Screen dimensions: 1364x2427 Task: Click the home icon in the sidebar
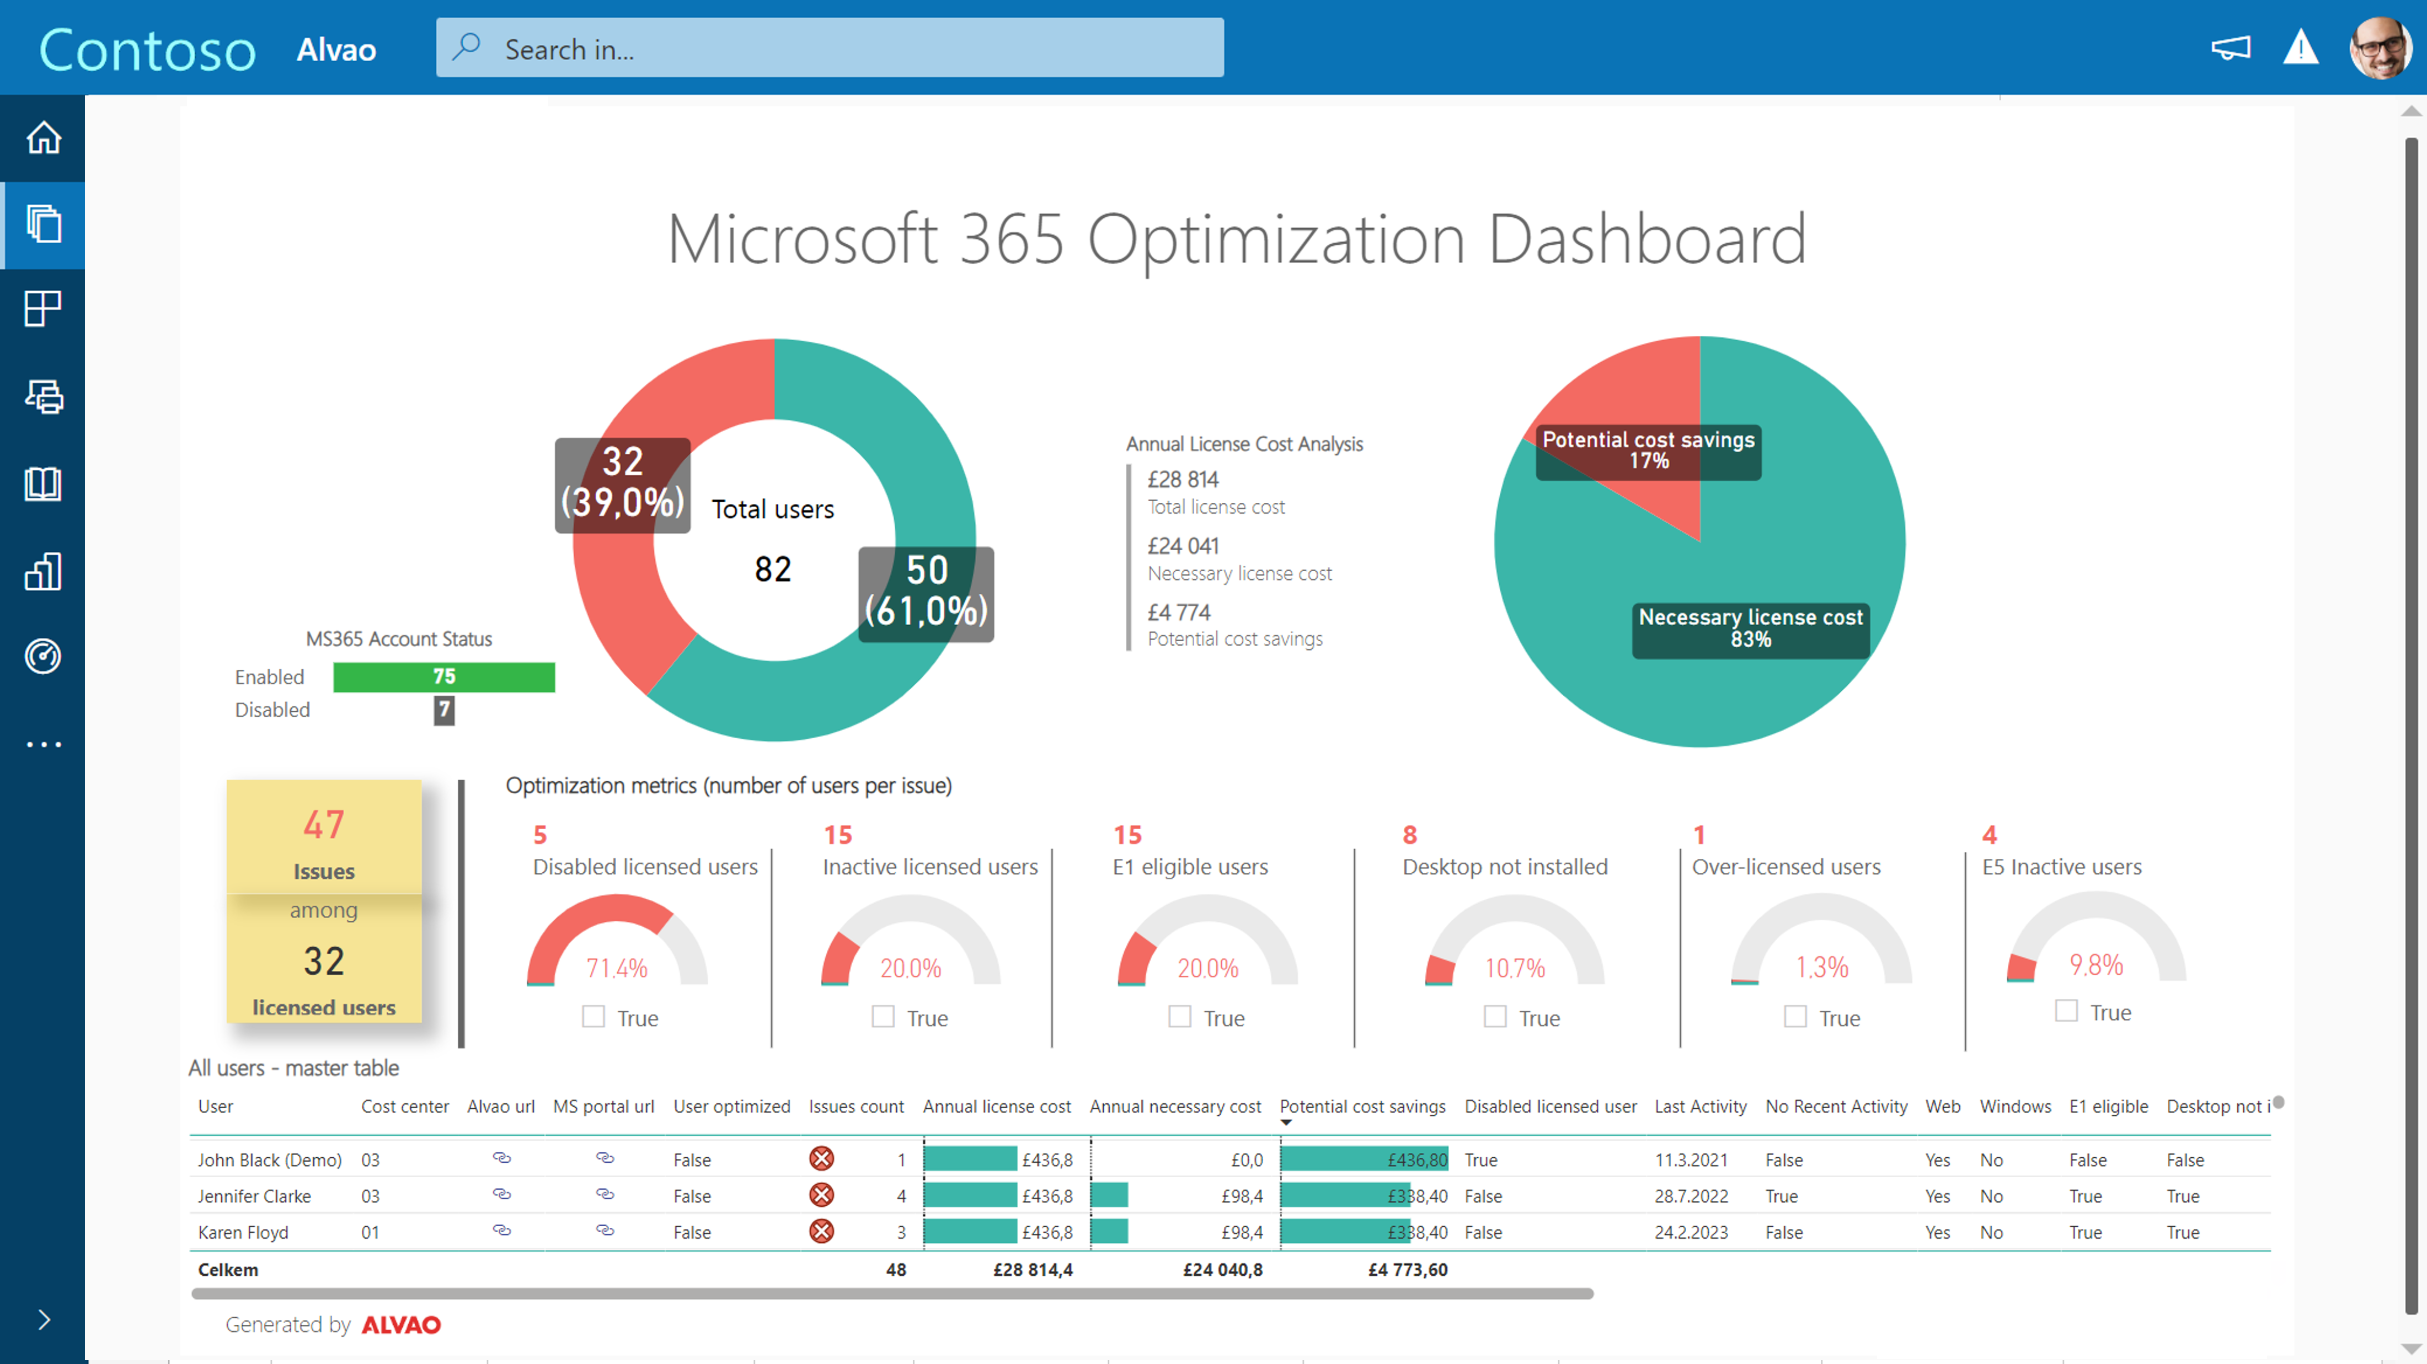click(44, 137)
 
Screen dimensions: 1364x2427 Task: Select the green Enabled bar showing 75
click(444, 676)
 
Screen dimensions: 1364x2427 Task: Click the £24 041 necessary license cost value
click(1183, 546)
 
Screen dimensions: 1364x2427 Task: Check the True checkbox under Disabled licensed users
click(594, 1017)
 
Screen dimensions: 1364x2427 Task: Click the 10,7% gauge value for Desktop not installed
click(1514, 968)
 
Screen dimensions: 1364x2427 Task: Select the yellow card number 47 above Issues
click(323, 825)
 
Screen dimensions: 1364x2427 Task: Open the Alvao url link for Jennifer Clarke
click(501, 1194)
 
